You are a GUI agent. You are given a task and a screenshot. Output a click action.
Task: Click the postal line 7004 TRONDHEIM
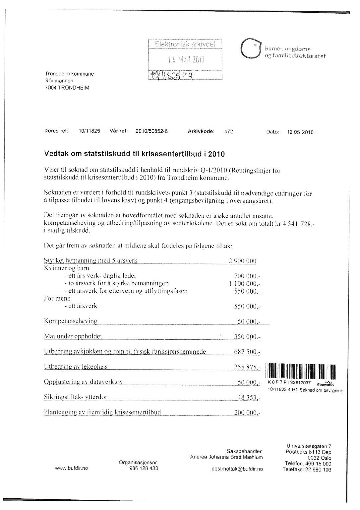[67, 88]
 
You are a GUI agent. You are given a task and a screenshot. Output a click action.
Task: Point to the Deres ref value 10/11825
[89, 131]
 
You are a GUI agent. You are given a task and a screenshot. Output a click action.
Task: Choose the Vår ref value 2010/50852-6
[151, 131]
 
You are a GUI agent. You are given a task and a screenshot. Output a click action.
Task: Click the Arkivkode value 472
[228, 131]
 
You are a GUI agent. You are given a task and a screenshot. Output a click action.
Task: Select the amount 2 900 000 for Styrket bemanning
[243, 261]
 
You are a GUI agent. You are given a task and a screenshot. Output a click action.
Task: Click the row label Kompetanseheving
[71, 321]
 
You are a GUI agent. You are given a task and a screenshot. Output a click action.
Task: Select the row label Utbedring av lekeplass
[76, 367]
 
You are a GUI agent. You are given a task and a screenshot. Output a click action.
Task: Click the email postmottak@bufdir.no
[237, 469]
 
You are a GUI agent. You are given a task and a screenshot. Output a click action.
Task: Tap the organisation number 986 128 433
[144, 469]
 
